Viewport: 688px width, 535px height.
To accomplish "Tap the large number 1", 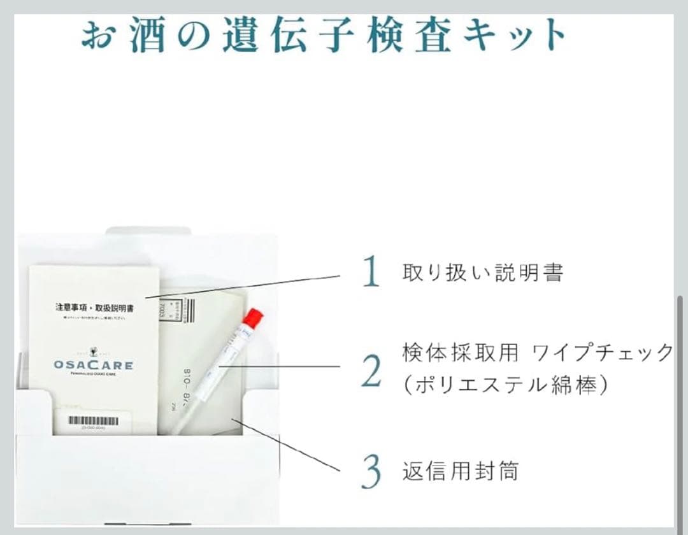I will pyautogui.click(x=370, y=273).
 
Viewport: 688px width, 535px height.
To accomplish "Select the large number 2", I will pyautogui.click(x=371, y=371).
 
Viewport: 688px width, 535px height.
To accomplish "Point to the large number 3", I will pyautogui.click(x=371, y=471).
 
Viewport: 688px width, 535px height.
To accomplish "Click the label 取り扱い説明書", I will pyautogui.click(x=483, y=273).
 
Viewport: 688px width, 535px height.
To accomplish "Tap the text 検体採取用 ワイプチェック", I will pyautogui.click(x=537, y=352).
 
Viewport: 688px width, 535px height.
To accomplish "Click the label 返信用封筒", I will pyautogui.click(x=460, y=471).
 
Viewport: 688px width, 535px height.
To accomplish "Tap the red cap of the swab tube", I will pyautogui.click(x=253, y=317).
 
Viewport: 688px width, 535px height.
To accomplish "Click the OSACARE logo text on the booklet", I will pyautogui.click(x=94, y=365).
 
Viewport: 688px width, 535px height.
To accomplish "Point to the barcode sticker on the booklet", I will pyautogui.click(x=94, y=421).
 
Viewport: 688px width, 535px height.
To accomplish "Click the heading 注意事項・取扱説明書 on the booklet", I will pyautogui.click(x=97, y=307).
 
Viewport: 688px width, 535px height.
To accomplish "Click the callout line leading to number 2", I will pyautogui.click(x=287, y=366).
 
